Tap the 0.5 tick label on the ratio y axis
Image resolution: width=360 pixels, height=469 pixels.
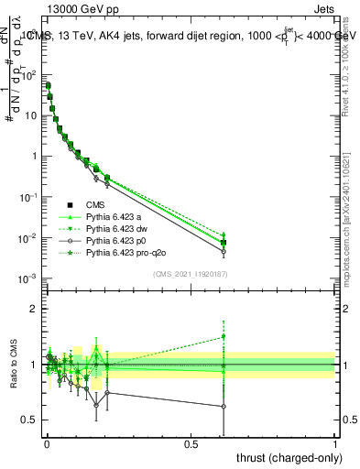[29, 420]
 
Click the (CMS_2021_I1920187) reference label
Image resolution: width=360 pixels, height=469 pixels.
[191, 274]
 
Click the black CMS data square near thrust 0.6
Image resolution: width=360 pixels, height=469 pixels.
[224, 243]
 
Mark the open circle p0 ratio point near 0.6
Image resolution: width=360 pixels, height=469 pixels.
[224, 407]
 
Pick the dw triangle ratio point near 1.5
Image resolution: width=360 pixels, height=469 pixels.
[224, 336]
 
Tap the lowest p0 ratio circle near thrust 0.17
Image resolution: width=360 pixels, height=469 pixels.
[96, 404]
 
